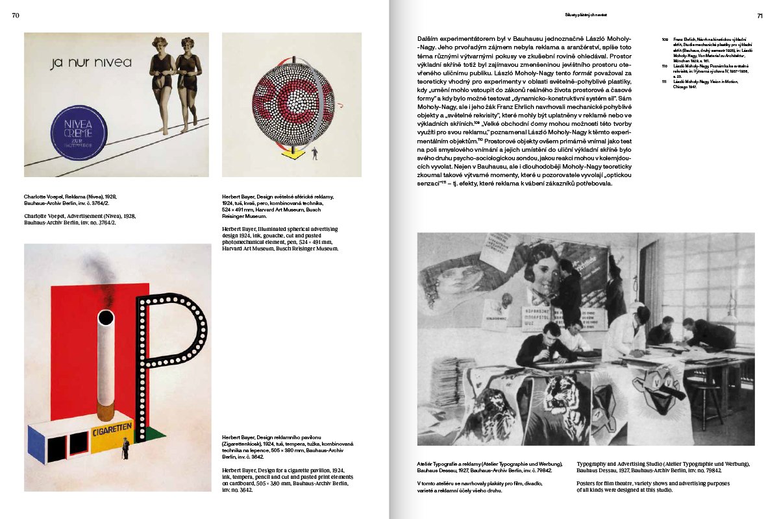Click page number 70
coord(16,16)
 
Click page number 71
coord(759,16)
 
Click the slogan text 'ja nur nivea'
coord(91,63)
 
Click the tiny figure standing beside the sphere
coord(315,154)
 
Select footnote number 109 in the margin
coord(665,40)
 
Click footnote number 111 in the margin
coord(665,82)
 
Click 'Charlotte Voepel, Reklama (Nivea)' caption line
coord(70,195)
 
